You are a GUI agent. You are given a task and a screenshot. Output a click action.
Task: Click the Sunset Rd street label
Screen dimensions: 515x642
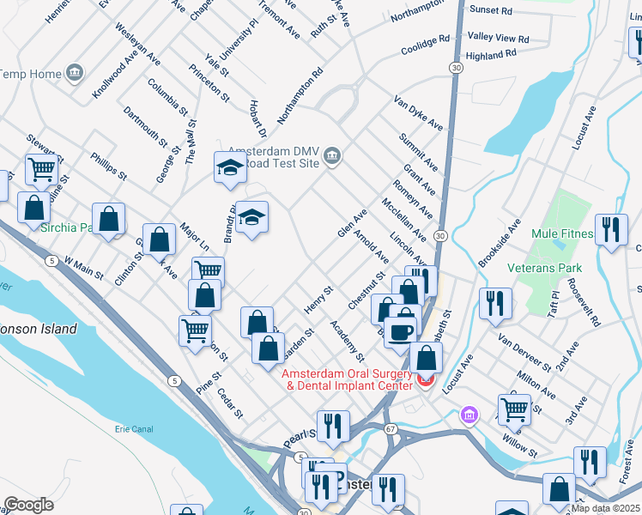[492, 11]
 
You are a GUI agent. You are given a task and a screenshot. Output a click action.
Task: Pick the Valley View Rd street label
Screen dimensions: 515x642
[498, 39]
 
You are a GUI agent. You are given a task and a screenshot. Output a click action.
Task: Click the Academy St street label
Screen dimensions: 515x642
[348, 341]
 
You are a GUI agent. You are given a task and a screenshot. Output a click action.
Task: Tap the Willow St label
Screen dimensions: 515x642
[521, 445]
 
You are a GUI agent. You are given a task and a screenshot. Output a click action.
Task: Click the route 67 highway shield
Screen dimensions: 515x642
[391, 427]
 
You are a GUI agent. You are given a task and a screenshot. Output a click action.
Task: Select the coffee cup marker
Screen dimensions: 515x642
[400, 330]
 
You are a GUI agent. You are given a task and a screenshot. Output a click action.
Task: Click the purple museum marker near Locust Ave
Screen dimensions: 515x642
[469, 416]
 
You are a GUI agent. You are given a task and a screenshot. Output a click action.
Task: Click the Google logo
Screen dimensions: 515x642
[28, 504]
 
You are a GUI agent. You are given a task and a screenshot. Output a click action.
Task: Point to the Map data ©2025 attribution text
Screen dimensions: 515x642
[605, 508]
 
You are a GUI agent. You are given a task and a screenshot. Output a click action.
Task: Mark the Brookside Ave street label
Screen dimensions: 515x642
[500, 242]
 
